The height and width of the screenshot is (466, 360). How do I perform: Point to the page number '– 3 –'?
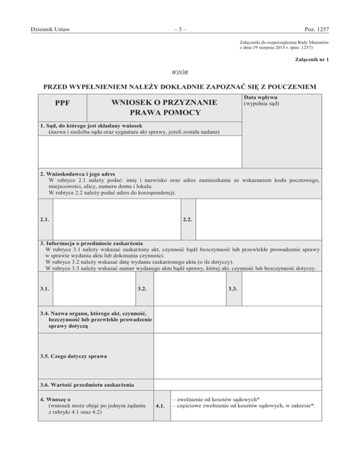pyautogui.click(x=180, y=30)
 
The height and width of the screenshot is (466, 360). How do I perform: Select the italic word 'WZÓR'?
pyautogui.click(x=180, y=72)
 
